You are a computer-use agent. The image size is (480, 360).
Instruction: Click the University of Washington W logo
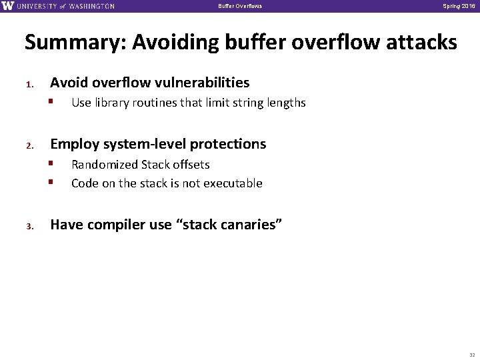click(x=7, y=6)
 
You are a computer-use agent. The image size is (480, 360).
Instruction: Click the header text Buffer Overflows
click(x=240, y=7)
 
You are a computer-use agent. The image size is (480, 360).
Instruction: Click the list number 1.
click(x=29, y=85)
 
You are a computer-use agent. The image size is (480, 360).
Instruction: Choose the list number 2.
click(x=29, y=146)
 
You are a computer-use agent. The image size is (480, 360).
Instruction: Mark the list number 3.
click(x=29, y=227)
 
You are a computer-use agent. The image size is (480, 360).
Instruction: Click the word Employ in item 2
click(x=73, y=144)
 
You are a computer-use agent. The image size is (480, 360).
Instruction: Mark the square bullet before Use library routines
click(x=51, y=103)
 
